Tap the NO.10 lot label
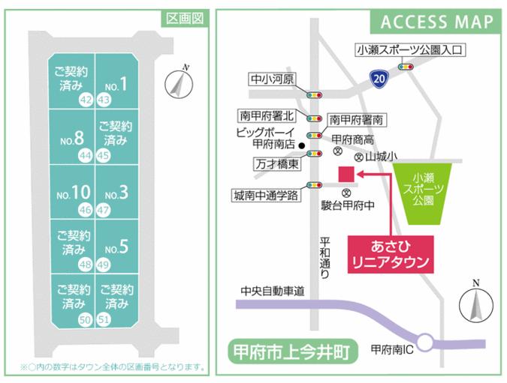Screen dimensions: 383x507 [72, 193]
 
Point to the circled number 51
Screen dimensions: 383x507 [105, 320]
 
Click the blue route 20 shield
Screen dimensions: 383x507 [381, 76]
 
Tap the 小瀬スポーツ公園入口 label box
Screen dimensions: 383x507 [411, 51]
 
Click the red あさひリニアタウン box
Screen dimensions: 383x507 [391, 254]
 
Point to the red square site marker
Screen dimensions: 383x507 [346, 175]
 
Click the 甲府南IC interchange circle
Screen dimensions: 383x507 [427, 343]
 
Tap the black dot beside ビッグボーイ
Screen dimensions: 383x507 [302, 145]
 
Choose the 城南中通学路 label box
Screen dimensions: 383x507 [266, 196]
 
